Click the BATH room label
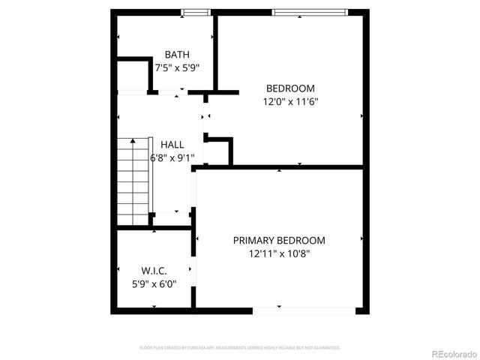coord(177,54)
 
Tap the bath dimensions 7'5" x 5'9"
coord(177,67)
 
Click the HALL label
coord(172,144)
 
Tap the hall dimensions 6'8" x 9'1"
coord(172,157)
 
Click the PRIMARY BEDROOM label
coord(279,240)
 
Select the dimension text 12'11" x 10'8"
coord(279,253)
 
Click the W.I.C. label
coord(154,270)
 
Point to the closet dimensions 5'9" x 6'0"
coord(154,283)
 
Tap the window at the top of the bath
coord(196,12)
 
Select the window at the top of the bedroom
coord(309,12)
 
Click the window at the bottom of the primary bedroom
coord(304,310)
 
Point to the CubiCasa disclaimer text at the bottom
coord(240,348)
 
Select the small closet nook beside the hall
coord(217,152)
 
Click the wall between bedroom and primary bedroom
coord(281,168)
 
